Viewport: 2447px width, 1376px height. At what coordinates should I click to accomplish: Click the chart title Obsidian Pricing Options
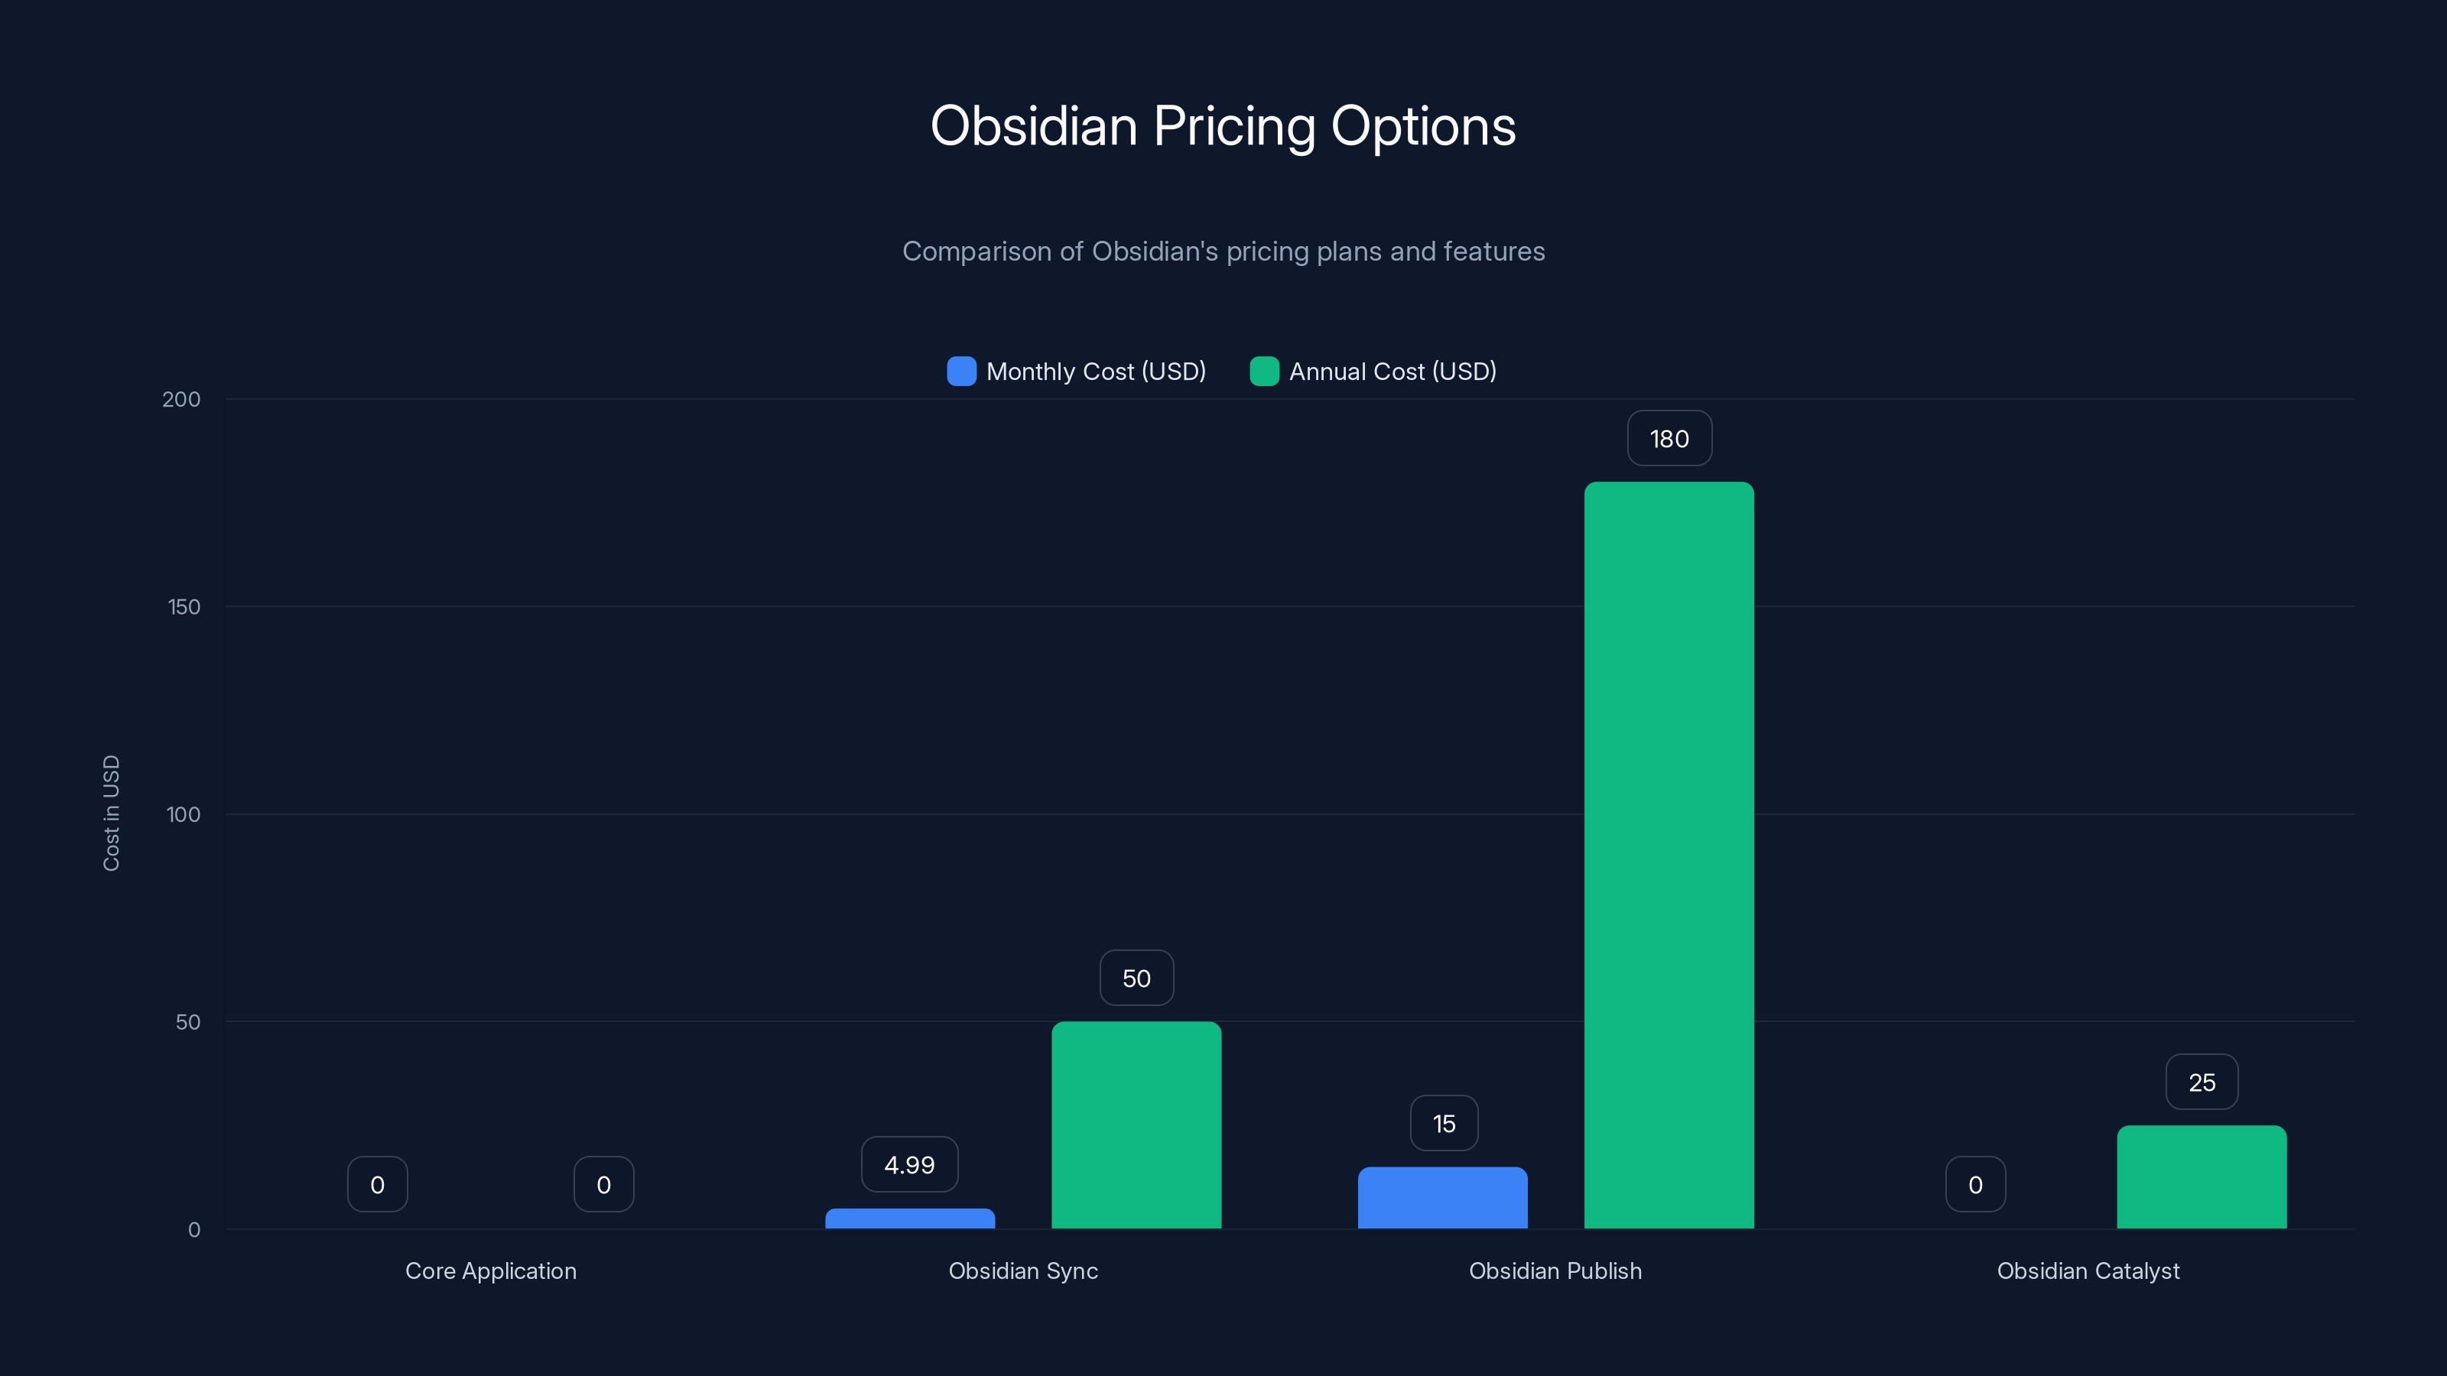click(x=1223, y=126)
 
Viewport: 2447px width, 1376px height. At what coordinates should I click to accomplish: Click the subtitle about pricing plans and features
click(x=1223, y=252)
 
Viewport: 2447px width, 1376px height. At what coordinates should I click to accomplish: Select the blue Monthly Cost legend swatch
click(x=961, y=372)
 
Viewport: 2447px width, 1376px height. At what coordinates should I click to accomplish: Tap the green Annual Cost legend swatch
click(x=1263, y=372)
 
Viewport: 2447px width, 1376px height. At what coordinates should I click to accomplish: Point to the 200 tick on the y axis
click(x=181, y=400)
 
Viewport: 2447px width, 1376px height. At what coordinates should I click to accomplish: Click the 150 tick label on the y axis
click(x=184, y=607)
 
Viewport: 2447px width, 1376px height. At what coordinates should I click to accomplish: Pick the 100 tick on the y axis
click(x=184, y=815)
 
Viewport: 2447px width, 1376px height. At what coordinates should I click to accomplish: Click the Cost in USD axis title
click(x=111, y=813)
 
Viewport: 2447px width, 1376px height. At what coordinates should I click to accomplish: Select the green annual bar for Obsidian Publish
click(x=1669, y=855)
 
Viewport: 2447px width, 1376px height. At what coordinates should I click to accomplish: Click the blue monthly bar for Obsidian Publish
click(x=1442, y=1199)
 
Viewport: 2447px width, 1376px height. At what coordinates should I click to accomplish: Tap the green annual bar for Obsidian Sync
click(x=1136, y=1125)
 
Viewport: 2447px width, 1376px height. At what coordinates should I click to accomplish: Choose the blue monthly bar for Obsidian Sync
click(x=910, y=1219)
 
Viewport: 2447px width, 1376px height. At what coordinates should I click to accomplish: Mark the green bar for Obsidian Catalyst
click(x=2201, y=1177)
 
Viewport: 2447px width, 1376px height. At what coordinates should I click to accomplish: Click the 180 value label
click(x=1669, y=439)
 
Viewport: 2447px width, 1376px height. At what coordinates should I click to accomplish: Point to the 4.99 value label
click(x=909, y=1165)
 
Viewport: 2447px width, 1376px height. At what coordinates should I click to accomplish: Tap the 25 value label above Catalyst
click(x=2201, y=1082)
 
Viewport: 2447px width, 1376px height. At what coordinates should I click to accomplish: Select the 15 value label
click(x=1443, y=1124)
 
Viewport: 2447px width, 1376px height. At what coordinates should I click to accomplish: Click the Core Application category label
click(x=490, y=1271)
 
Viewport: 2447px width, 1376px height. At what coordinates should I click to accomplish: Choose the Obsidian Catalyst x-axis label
click(x=2088, y=1271)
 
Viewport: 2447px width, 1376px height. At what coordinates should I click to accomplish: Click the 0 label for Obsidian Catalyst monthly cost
click(x=1975, y=1185)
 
